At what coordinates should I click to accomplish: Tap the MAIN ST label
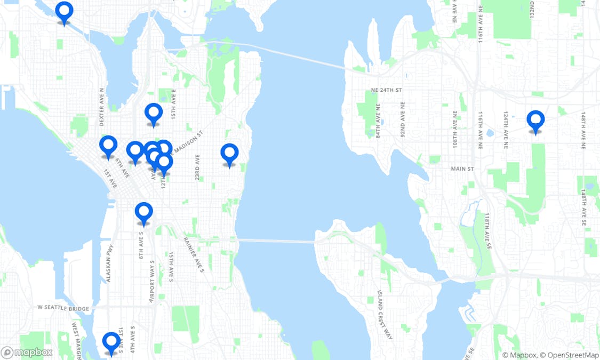(462, 169)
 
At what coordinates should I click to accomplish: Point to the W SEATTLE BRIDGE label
(63, 308)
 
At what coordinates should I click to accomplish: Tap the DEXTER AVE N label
(102, 107)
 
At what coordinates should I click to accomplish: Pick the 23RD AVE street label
(197, 167)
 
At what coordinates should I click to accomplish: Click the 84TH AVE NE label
(378, 121)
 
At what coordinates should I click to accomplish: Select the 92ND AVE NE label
(402, 121)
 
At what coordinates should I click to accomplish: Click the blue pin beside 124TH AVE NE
(535, 120)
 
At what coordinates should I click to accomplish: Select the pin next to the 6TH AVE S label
(143, 212)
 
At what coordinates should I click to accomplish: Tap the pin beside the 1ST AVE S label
(111, 341)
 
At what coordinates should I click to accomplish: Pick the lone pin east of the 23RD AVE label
(229, 154)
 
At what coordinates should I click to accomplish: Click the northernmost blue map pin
(64, 11)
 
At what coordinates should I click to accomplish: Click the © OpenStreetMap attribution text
(569, 355)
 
